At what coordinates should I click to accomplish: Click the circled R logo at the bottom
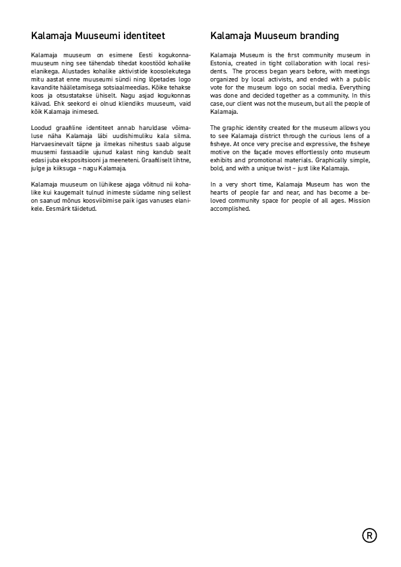pos(369,535)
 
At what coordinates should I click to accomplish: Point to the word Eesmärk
pos(58,208)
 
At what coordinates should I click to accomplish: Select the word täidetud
pos(85,208)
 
